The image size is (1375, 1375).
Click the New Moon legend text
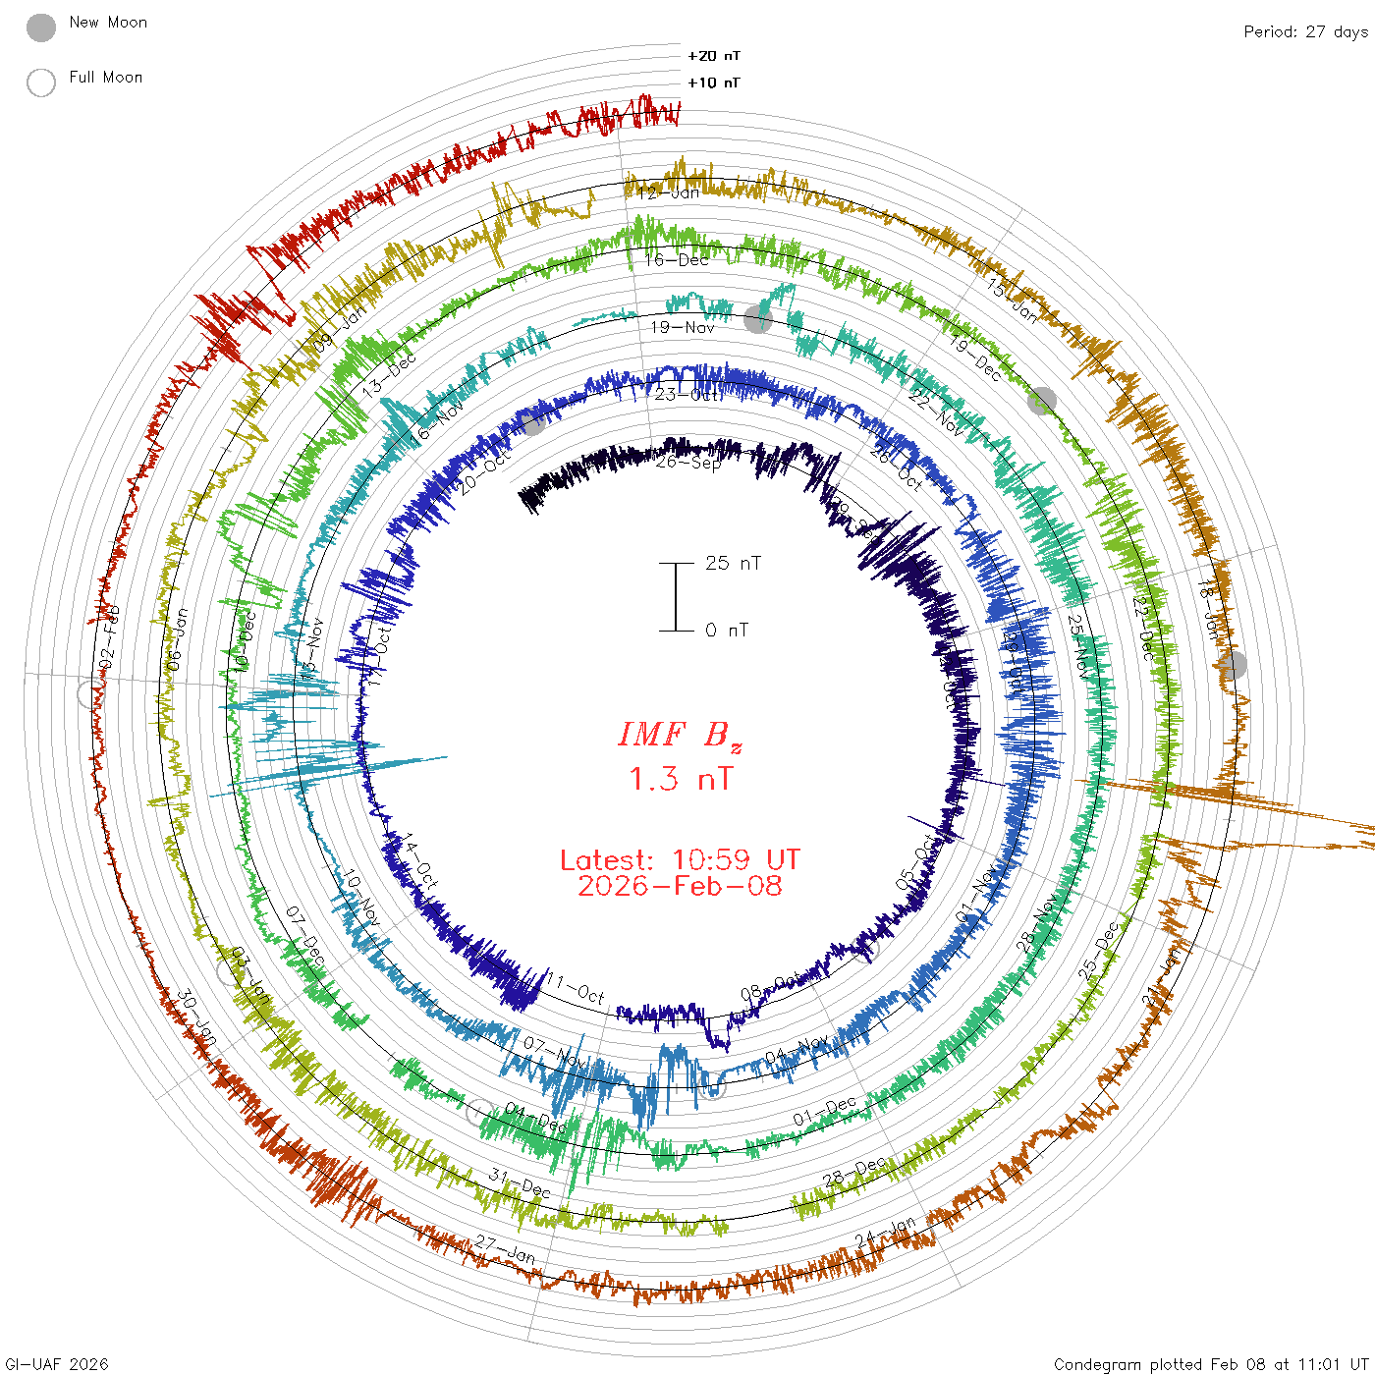(108, 23)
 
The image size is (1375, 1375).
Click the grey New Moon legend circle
(41, 28)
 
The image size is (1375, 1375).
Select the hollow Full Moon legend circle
(41, 82)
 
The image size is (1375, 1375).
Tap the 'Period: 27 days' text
(1305, 31)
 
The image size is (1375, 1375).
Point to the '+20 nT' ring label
(714, 56)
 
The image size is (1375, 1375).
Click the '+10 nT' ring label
(714, 82)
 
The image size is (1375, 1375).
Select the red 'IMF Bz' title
(680, 735)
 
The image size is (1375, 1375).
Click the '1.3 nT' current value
(680, 780)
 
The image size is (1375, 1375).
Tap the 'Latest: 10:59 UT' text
(680, 860)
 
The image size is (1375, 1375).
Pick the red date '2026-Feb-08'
(680, 886)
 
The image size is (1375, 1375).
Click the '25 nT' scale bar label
(733, 563)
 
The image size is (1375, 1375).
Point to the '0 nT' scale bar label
(727, 630)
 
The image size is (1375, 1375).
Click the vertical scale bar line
(676, 596)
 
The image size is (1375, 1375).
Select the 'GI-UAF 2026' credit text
(56, 1364)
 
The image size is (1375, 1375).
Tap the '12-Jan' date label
(669, 193)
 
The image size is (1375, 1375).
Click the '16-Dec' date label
(677, 260)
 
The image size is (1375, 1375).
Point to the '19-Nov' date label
(683, 327)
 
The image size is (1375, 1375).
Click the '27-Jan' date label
(506, 1249)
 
